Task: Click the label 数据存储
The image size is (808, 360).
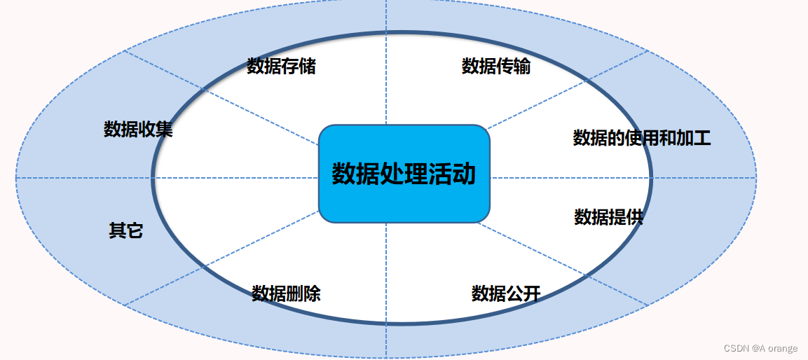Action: click(x=281, y=67)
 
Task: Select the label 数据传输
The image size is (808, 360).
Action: click(x=496, y=67)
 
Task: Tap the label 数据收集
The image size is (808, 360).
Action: click(x=138, y=130)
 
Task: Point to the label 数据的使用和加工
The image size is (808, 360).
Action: click(x=642, y=138)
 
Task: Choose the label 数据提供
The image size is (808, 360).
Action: click(x=608, y=217)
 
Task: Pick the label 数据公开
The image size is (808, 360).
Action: click(x=506, y=293)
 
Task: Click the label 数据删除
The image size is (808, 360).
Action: click(x=286, y=293)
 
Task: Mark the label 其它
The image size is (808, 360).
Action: click(x=126, y=230)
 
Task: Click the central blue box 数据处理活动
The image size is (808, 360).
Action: click(x=404, y=174)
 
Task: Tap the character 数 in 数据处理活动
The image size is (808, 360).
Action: click(x=343, y=174)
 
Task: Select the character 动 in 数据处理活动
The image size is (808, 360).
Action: click(x=464, y=174)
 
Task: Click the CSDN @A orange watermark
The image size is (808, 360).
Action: click(x=760, y=349)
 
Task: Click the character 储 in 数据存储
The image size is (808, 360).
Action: click(x=307, y=67)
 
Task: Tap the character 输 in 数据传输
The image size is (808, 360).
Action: click(x=522, y=67)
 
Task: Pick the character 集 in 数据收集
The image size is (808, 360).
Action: click(x=164, y=130)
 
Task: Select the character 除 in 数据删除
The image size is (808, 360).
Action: click(x=312, y=293)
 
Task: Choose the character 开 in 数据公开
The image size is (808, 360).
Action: click(x=532, y=293)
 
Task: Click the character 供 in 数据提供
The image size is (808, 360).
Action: click(x=634, y=217)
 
